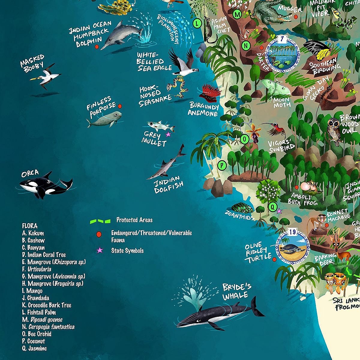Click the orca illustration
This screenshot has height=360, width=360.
tap(45, 185)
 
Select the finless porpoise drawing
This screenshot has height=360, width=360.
tap(105, 119)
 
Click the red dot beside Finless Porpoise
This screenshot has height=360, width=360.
tap(120, 106)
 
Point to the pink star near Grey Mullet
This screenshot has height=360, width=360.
tap(168, 134)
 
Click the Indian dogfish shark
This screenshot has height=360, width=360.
tap(166, 163)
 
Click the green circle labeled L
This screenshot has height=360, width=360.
tap(197, 23)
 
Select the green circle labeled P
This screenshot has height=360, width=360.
tap(222, 165)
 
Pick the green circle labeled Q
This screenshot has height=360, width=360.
tap(273, 206)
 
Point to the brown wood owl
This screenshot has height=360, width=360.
tap(334, 130)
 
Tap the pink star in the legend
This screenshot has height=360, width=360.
tap(99, 250)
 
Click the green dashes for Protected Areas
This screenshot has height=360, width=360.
tap(100, 221)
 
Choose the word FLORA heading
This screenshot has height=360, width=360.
tap(30, 226)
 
